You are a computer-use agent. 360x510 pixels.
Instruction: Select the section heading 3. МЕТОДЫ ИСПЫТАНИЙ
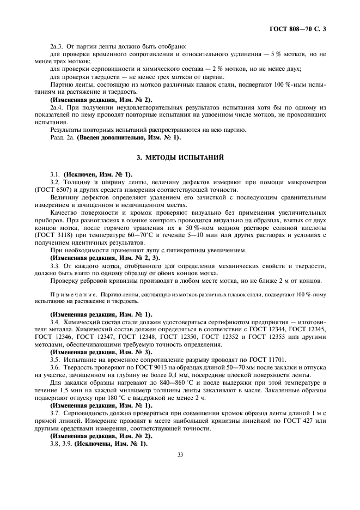point(180,157)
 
